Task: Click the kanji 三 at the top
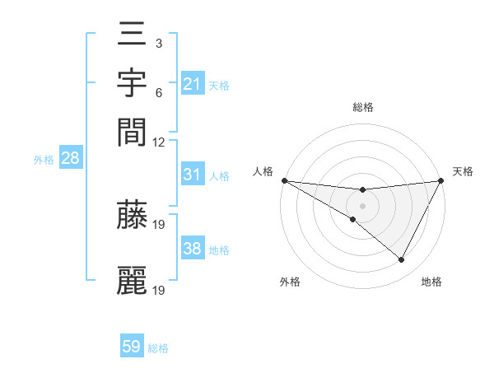(132, 34)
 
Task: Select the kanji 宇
(132, 82)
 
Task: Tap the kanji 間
(132, 133)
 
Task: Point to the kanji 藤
(132, 214)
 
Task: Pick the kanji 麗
(132, 280)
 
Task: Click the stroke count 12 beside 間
(158, 142)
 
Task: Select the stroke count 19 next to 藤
(158, 225)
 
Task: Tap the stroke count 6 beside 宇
(159, 93)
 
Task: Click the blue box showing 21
(193, 83)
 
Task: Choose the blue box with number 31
(193, 174)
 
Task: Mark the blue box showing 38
(193, 247)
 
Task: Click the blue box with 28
(71, 157)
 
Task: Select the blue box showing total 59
(132, 345)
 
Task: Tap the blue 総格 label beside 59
(158, 348)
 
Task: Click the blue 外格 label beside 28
(44, 160)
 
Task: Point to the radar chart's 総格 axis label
(363, 107)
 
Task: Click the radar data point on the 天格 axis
(441, 180)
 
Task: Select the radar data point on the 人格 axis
(285, 180)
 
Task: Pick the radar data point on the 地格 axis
(401, 259)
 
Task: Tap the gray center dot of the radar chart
(362, 206)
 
